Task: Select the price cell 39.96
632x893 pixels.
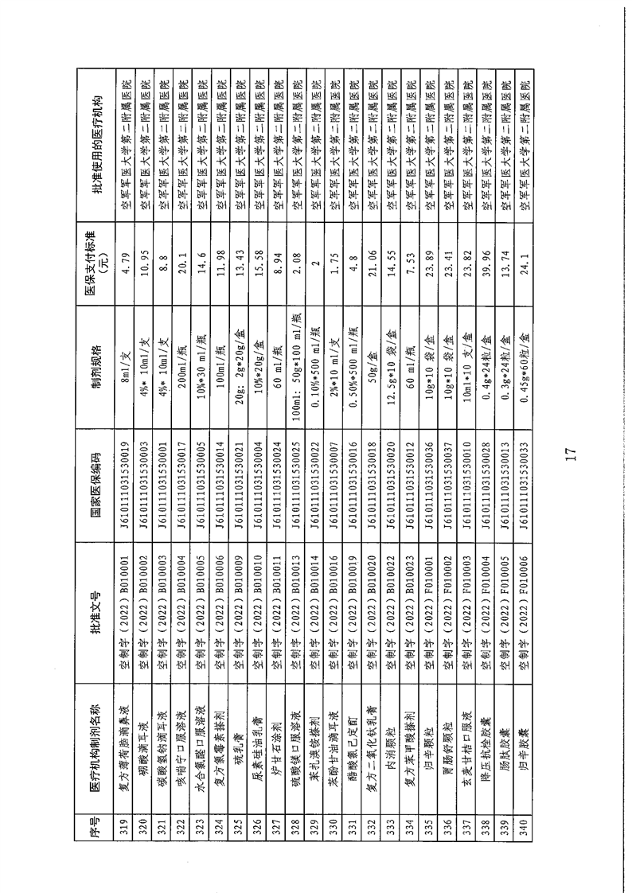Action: click(x=486, y=255)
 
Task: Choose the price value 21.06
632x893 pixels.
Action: click(x=372, y=255)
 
